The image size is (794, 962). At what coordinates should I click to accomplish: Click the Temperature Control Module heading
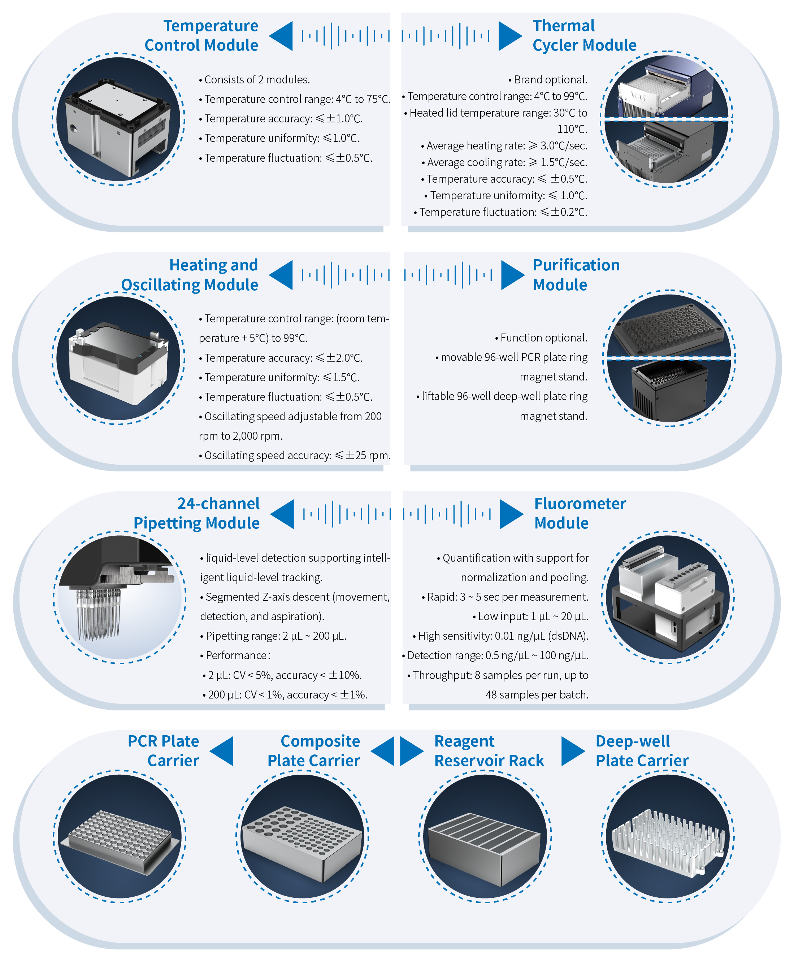(201, 35)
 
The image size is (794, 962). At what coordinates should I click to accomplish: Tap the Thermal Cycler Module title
(584, 35)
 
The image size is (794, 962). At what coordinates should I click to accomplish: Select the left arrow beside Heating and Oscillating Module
(281, 275)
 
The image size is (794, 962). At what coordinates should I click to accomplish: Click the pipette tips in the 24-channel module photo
(98, 615)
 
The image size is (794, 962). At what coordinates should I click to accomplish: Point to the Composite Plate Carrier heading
(314, 750)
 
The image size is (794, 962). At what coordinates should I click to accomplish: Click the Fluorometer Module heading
(580, 513)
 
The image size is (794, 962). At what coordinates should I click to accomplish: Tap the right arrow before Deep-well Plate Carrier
(572, 751)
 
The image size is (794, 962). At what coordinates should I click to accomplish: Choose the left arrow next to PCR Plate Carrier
(222, 751)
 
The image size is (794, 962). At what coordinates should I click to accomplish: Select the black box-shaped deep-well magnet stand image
(668, 389)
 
